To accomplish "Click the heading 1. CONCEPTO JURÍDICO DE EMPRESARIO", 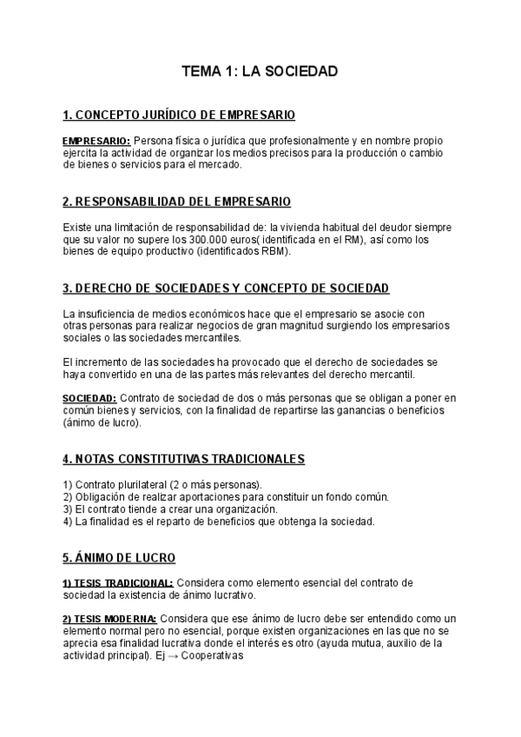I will [x=179, y=115].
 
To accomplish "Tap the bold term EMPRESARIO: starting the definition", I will [x=96, y=141].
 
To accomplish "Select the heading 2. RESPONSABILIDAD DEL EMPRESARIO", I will [x=177, y=202].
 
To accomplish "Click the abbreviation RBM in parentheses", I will [x=276, y=252].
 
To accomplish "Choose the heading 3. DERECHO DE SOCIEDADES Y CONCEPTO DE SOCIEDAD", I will [x=226, y=289].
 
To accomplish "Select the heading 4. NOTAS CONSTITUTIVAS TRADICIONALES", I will [x=183, y=459].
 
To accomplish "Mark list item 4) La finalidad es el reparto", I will [x=219, y=521].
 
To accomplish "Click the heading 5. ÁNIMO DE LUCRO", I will [x=120, y=557].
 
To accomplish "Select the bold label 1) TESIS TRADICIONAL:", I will [x=118, y=582].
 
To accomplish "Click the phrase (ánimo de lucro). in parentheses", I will [x=102, y=423].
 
